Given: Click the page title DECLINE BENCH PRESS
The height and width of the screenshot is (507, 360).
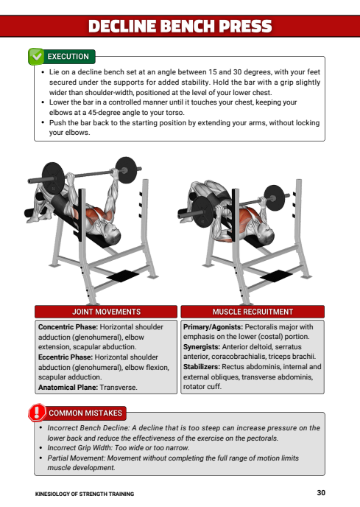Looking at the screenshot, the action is (180, 27).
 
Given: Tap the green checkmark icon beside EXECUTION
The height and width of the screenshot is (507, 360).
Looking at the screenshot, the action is (36, 57).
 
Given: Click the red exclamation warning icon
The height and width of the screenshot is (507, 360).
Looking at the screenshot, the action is (37, 413).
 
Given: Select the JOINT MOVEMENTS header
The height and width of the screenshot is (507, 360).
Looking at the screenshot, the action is (106, 312).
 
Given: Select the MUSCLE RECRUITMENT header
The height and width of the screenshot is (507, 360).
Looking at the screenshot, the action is (253, 312).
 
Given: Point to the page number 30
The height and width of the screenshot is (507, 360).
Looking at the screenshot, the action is (321, 493).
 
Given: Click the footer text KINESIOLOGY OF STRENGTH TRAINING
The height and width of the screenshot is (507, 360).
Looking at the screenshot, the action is (85, 494).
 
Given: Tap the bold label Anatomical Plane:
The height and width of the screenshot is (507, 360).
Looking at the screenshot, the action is (68, 388).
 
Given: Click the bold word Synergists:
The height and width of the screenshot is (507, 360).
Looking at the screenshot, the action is (202, 347).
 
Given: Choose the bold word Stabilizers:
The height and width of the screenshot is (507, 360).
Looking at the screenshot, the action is (202, 367).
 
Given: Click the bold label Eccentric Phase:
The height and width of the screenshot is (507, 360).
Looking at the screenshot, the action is (66, 357).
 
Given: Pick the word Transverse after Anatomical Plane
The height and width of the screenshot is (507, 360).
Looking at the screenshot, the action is (119, 388).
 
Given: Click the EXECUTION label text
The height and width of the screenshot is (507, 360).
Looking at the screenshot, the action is (68, 57).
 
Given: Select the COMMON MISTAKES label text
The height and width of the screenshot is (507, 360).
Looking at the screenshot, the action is (85, 413).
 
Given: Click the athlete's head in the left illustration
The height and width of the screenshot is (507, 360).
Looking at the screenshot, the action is (113, 235).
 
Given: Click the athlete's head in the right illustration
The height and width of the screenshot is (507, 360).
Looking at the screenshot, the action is (267, 236).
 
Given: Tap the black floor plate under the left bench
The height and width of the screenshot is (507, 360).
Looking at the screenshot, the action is (123, 276).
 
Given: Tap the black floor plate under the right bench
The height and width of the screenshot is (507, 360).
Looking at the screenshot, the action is (276, 276).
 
